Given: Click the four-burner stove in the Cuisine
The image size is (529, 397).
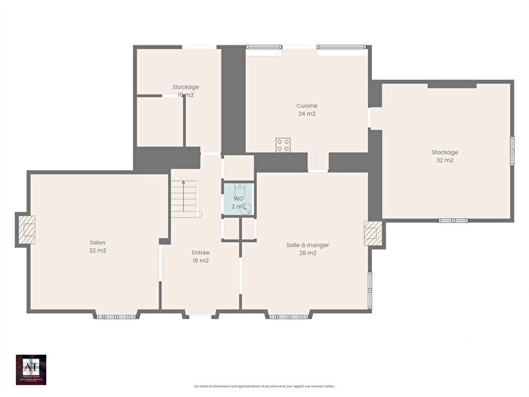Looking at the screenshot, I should click(283, 144).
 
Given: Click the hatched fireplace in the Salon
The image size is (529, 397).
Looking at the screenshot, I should click(26, 228).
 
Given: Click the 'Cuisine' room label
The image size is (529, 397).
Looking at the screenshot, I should click(306, 106).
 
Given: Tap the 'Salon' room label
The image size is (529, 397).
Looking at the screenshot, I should click(97, 243).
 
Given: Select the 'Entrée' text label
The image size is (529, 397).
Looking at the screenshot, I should click(200, 253).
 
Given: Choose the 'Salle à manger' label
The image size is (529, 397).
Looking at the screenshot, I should click(308, 245).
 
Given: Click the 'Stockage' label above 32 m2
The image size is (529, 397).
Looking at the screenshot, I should click(444, 152).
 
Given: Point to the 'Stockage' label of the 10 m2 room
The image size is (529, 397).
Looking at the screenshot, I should click(185, 87).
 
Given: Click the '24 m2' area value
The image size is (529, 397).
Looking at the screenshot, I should click(306, 114).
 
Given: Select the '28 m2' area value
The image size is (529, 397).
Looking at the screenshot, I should click(308, 253).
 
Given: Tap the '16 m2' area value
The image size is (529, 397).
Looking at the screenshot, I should click(200, 261).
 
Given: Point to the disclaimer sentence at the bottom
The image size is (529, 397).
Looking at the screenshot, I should click(264, 386).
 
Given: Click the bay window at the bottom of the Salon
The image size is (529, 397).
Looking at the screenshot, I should click(116, 315).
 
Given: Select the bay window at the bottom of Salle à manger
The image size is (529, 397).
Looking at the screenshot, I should click(289, 315).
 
